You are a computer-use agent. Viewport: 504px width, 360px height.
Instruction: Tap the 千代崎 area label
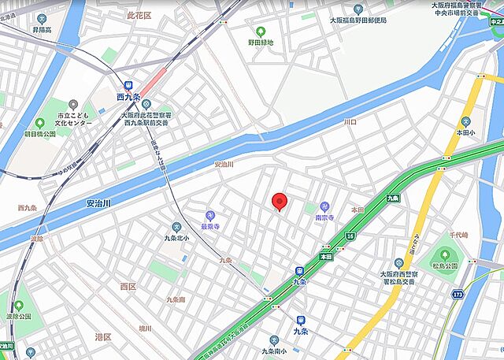pyautogui.click(x=459, y=236)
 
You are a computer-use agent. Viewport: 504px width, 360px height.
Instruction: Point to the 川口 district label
pyautogui.click(x=350, y=123)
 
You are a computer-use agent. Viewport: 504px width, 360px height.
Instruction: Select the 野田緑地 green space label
pyautogui.click(x=261, y=43)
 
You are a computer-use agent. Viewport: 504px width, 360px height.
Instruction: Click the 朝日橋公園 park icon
pyautogui.click(x=39, y=124)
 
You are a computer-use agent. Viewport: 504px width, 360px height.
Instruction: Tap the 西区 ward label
pyautogui.click(x=128, y=286)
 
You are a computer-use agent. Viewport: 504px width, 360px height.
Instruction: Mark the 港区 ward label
pyautogui.click(x=103, y=337)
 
